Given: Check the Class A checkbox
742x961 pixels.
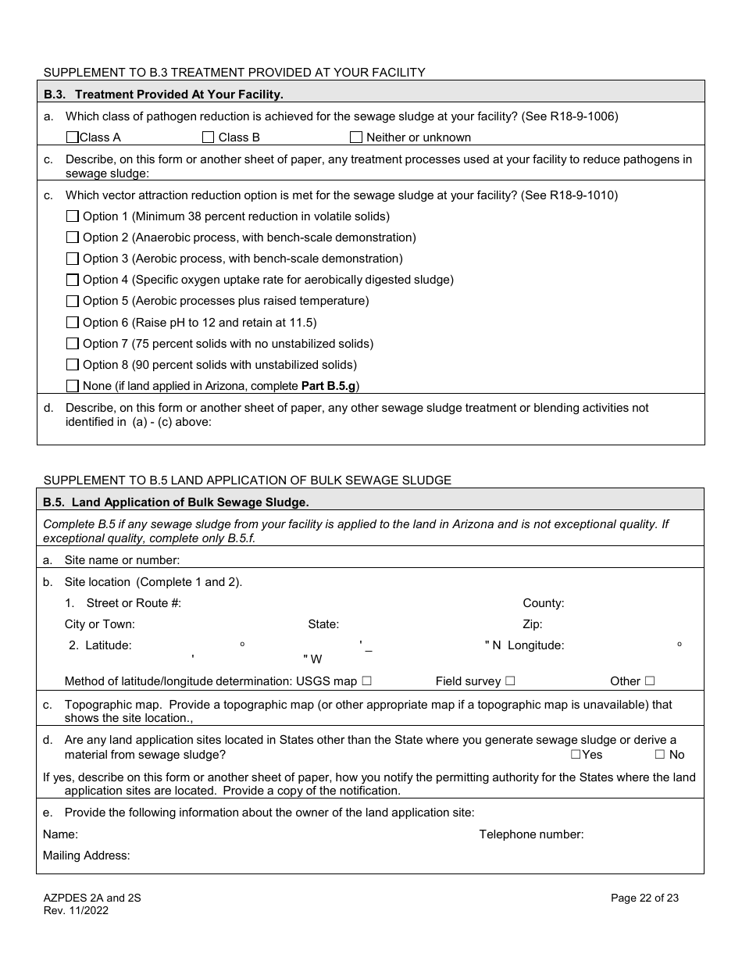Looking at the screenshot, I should [x=73, y=138].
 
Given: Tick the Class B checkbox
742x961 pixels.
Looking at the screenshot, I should [x=208, y=138].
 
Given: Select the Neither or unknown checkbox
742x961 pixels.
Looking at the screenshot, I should [x=356, y=138].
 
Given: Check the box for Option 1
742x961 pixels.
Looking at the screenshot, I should [x=73, y=216].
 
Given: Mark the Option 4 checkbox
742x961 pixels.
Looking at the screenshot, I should [x=73, y=280].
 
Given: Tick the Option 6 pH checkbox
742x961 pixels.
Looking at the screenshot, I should [x=73, y=322].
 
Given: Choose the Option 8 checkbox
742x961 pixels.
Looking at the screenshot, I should [x=73, y=364].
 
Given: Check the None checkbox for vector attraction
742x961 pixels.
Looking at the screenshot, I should [x=73, y=385].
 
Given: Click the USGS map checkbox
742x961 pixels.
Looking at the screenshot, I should [x=366, y=681].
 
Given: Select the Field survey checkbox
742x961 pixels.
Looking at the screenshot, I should [x=510, y=681].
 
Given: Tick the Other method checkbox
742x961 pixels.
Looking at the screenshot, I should [x=650, y=681].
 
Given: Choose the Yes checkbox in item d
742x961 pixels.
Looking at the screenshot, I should [x=576, y=755].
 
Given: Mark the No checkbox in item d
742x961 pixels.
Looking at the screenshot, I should [x=659, y=755].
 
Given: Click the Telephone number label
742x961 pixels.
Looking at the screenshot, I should [x=531, y=834].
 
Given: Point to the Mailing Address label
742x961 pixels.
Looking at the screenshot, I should [x=86, y=856].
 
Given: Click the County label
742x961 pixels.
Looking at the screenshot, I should [x=543, y=603].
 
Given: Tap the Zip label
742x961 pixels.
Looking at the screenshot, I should [x=532, y=624].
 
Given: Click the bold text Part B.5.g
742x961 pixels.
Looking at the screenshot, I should [x=328, y=386].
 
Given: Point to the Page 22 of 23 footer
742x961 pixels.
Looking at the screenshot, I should [x=644, y=898].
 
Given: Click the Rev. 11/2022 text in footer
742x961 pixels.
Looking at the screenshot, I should [x=76, y=910].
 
